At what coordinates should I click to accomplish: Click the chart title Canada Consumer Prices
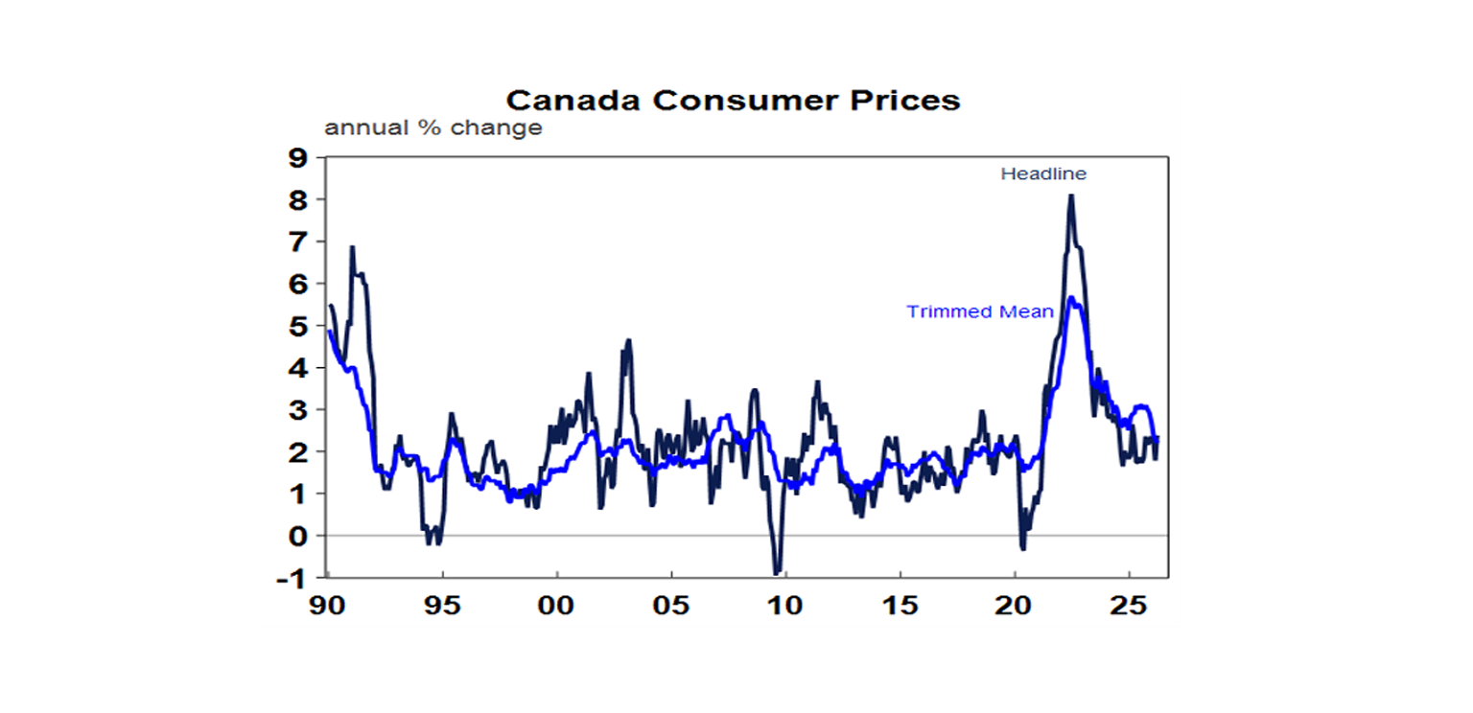[x=733, y=101]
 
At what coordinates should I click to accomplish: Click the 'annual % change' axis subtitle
[x=433, y=128]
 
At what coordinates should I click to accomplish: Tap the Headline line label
[x=1043, y=174]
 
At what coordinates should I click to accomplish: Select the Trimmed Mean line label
[x=980, y=311]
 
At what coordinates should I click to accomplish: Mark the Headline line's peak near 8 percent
[x=1070, y=195]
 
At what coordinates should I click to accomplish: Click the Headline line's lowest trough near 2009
[x=776, y=573]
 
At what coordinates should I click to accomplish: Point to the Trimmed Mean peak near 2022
[x=1071, y=298]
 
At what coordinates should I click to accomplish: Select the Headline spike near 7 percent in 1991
[x=352, y=247]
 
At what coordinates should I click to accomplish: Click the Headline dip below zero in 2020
[x=1023, y=548]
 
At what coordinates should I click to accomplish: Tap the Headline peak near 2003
[x=628, y=340]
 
